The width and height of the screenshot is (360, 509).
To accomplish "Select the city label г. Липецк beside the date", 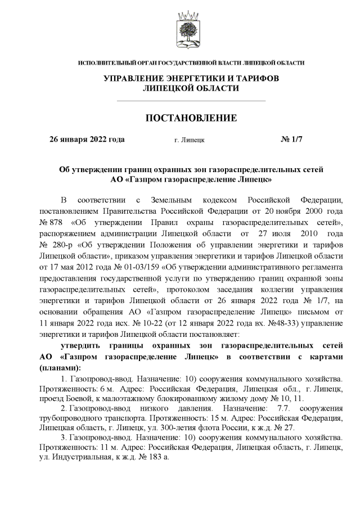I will point(190,139).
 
